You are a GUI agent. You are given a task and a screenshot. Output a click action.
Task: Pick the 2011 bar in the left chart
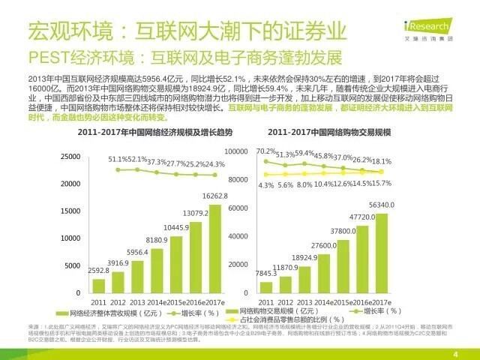[x=99, y=286]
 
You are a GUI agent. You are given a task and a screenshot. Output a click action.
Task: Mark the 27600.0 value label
[x=323, y=246]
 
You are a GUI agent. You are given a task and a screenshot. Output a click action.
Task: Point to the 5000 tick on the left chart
[x=73, y=266]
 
